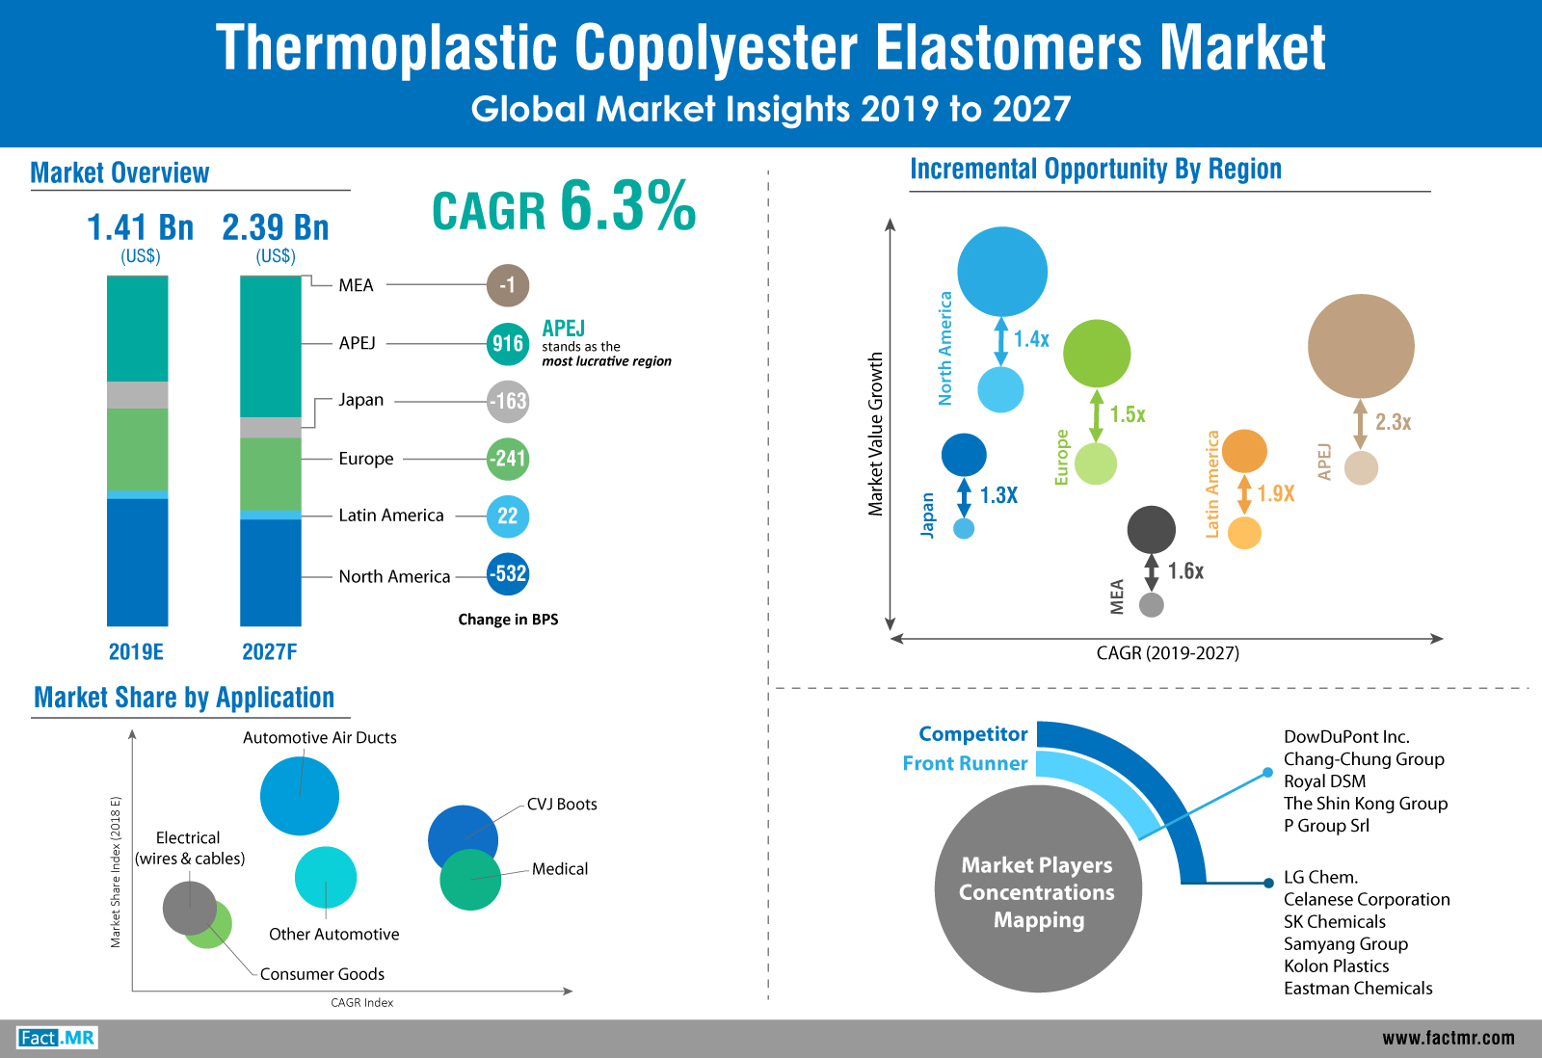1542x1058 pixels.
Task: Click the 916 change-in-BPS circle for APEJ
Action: (x=508, y=343)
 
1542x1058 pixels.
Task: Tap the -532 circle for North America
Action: (x=508, y=573)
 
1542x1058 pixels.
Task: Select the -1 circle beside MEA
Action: (x=508, y=285)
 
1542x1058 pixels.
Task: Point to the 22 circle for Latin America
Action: (x=508, y=516)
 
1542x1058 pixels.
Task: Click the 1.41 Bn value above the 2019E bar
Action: (x=141, y=227)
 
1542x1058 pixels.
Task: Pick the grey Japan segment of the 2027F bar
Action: (x=271, y=428)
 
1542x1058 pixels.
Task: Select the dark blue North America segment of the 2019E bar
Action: (x=138, y=563)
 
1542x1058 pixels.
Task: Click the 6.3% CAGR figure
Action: (x=627, y=205)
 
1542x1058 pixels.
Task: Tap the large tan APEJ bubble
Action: (x=1361, y=346)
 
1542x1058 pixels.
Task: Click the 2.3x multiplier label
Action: (x=1394, y=422)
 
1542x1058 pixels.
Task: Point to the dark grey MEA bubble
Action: (x=1151, y=529)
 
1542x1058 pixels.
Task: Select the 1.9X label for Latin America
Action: (x=1276, y=493)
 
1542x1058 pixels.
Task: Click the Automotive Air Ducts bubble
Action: (x=300, y=796)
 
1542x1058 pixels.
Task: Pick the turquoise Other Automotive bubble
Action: (x=326, y=878)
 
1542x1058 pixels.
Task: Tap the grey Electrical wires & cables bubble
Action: (x=189, y=908)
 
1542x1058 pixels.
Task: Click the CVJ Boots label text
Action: (x=562, y=804)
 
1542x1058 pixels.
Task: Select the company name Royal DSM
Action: (x=1324, y=781)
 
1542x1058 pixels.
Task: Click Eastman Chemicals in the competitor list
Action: (x=1358, y=989)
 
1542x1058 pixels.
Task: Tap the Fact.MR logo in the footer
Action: (x=57, y=1038)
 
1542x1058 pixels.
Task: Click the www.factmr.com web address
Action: (x=1449, y=1038)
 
